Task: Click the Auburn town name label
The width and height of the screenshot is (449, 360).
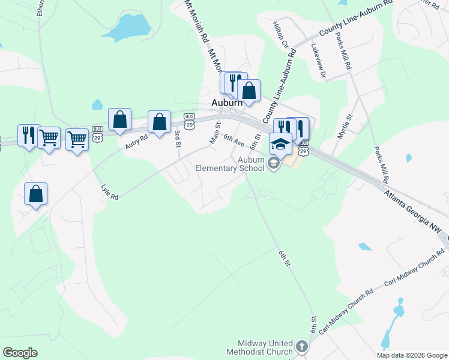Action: point(226,103)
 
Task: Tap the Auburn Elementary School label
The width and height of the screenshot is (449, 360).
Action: point(231,164)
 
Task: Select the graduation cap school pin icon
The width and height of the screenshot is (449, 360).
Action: point(280,144)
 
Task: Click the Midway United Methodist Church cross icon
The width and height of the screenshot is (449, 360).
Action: point(301,347)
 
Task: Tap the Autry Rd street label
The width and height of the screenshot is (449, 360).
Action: point(136,142)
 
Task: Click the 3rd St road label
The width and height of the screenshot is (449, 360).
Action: point(178,137)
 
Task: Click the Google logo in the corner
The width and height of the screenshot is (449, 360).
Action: point(20,353)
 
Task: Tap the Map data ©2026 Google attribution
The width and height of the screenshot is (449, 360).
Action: point(412,355)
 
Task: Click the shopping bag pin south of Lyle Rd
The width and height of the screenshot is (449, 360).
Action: point(36,194)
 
